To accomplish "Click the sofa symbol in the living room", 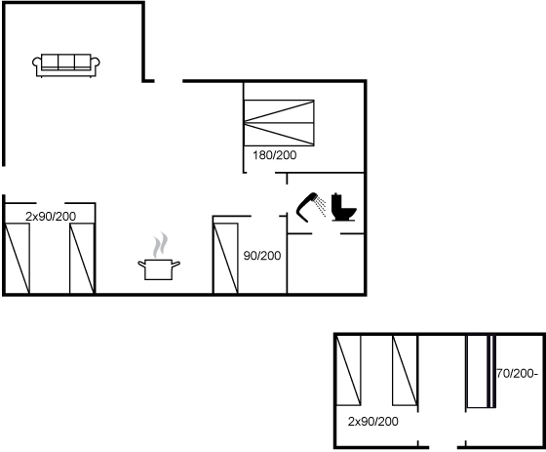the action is tap(66, 65).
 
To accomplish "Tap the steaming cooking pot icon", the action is tap(159, 257).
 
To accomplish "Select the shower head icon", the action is tap(306, 207).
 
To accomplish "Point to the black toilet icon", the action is tap(343, 207).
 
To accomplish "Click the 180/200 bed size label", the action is tap(274, 155).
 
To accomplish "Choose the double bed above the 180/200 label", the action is tap(279, 123).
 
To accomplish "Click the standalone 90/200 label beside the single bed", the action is tap(262, 256).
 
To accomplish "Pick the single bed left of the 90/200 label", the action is tap(225, 258).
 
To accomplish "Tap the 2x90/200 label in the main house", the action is tap(51, 216).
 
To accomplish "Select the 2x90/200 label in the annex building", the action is tap(372, 422).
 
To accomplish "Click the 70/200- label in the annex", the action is tap(517, 374).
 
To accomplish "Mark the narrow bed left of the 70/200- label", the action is tap(481, 371).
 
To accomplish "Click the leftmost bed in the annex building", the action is tap(348, 370).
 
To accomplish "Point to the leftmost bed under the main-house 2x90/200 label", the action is tap(17, 258).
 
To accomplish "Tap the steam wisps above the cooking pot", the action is tap(160, 245).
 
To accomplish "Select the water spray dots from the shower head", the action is tap(321, 206).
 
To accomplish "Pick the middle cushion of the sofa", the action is tap(66, 62).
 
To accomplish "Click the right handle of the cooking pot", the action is tap(176, 265).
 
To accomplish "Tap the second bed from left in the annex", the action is tap(405, 370).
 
